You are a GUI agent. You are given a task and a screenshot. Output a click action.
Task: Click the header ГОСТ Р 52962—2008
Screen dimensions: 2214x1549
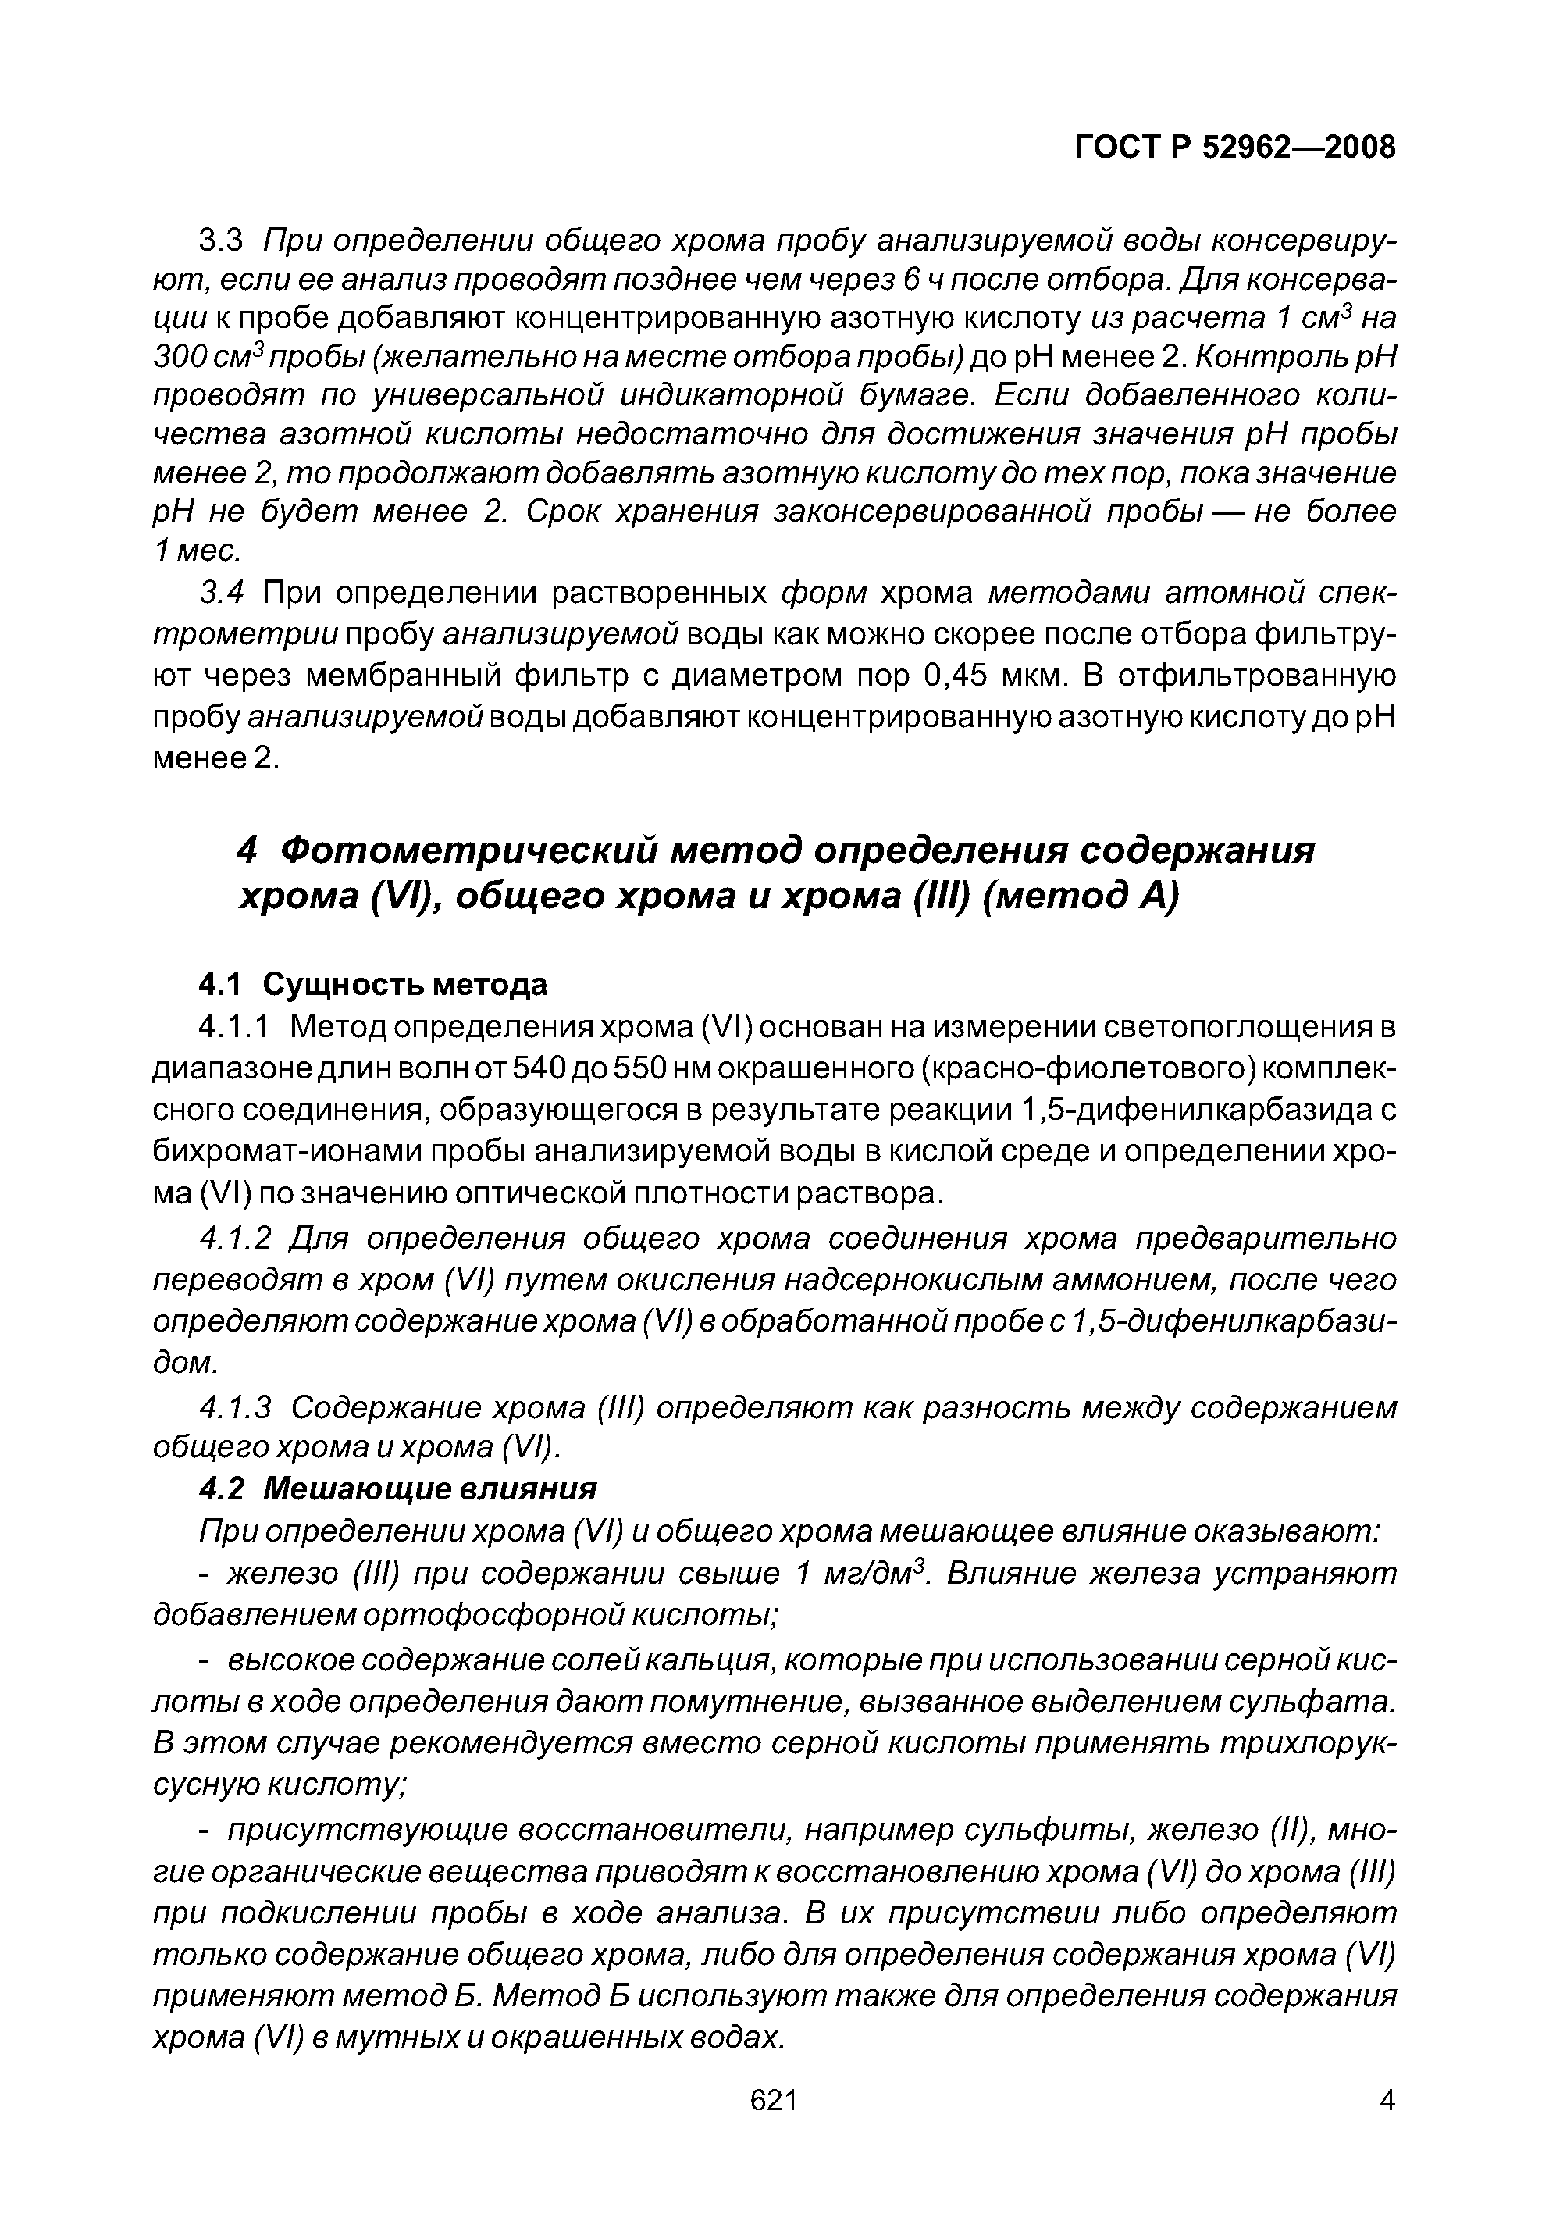(1234, 148)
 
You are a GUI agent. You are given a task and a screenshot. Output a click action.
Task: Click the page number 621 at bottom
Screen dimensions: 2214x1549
(773, 2100)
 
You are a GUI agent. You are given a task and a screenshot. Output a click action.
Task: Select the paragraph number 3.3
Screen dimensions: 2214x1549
(223, 240)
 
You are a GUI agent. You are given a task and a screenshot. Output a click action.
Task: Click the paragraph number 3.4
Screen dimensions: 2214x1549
(223, 592)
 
